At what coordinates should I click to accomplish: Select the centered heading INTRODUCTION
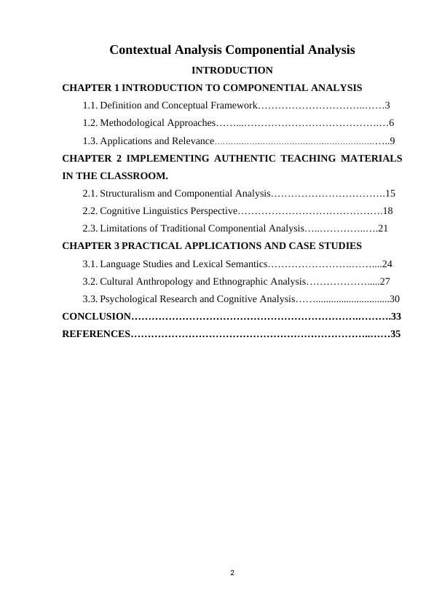click(232, 71)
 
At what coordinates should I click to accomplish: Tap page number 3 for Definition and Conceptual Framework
click(388, 106)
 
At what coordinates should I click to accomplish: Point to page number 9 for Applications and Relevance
click(393, 141)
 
